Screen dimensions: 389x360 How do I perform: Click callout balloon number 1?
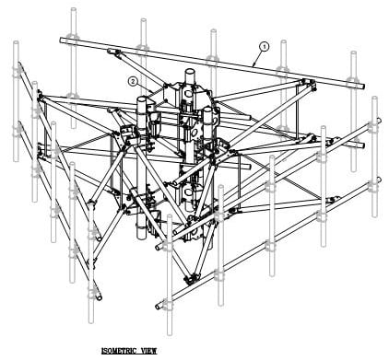pos(265,47)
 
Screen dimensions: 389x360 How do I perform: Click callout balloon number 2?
pos(133,81)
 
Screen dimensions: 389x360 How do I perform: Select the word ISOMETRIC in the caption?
pos(119,351)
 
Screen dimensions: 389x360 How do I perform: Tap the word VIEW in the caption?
pos(148,351)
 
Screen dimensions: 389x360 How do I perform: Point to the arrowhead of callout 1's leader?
pos(253,65)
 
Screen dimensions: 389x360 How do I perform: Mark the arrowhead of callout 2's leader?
pos(151,91)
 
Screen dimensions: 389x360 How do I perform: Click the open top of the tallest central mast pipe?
pos(190,72)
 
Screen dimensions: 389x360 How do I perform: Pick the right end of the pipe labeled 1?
pos(362,87)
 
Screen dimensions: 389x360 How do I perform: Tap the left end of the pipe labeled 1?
pos(62,41)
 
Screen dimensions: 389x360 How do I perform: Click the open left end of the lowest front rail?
pos(158,307)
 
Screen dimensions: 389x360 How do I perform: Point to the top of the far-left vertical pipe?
pos(16,41)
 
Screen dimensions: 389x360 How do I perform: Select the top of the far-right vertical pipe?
pos(374,98)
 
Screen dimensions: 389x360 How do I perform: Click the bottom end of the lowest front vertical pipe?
pos(170,334)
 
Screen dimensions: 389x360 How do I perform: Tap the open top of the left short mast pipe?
pos(142,99)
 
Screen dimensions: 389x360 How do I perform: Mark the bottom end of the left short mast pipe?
pos(141,237)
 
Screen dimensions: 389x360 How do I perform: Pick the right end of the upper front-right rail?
pos(379,121)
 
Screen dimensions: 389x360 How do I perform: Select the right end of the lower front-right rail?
pos(379,180)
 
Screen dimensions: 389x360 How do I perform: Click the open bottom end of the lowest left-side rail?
pos(100,297)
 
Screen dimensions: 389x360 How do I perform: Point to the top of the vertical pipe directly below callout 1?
pos(284,41)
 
